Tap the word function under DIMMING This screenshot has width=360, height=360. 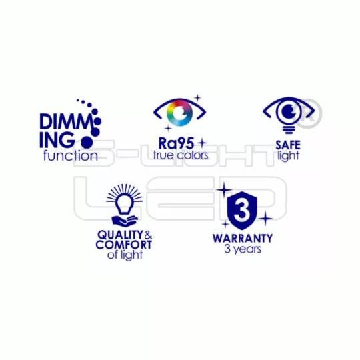[71, 155]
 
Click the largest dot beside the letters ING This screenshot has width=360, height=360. [87, 142]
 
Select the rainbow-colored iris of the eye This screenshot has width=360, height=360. [179, 113]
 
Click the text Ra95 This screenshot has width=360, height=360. [176, 143]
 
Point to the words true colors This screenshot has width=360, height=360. [181, 155]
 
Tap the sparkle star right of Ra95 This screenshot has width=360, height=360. [202, 143]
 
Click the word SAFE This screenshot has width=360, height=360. [288, 145]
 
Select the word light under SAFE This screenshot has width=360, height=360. [288, 156]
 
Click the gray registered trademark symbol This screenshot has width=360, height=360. [309, 113]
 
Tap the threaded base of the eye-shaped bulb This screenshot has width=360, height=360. [289, 130]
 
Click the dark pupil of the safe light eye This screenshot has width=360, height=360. [289, 111]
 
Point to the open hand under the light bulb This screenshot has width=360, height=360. [124, 220]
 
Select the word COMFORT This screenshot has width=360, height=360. [124, 245]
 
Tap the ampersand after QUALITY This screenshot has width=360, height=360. [148, 235]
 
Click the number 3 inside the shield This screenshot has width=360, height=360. [241, 210]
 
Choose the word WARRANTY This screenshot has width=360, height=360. [243, 238]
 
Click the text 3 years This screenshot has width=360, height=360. [243, 249]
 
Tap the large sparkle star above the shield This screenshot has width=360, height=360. [224, 189]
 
